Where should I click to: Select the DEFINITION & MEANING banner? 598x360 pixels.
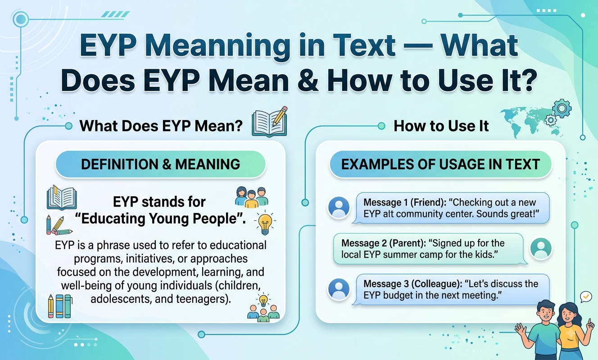coord(160,164)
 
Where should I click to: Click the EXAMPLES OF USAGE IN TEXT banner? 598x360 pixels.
coord(440,164)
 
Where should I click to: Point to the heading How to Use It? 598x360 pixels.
coord(441,126)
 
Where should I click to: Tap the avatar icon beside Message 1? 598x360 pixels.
coord(339,207)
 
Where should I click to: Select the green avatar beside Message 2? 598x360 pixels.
coord(541,248)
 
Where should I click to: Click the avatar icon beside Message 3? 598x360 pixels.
coord(339,289)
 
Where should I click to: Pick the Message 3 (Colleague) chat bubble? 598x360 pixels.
coord(451,289)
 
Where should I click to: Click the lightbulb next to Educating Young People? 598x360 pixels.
coord(265,223)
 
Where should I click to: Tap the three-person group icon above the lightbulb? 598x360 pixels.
coord(251,197)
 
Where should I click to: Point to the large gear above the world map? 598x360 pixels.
coord(562,108)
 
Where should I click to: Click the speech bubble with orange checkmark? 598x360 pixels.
coord(586,297)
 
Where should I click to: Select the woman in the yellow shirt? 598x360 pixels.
coord(571,331)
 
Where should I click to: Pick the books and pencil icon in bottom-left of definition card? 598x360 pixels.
coord(60,306)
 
